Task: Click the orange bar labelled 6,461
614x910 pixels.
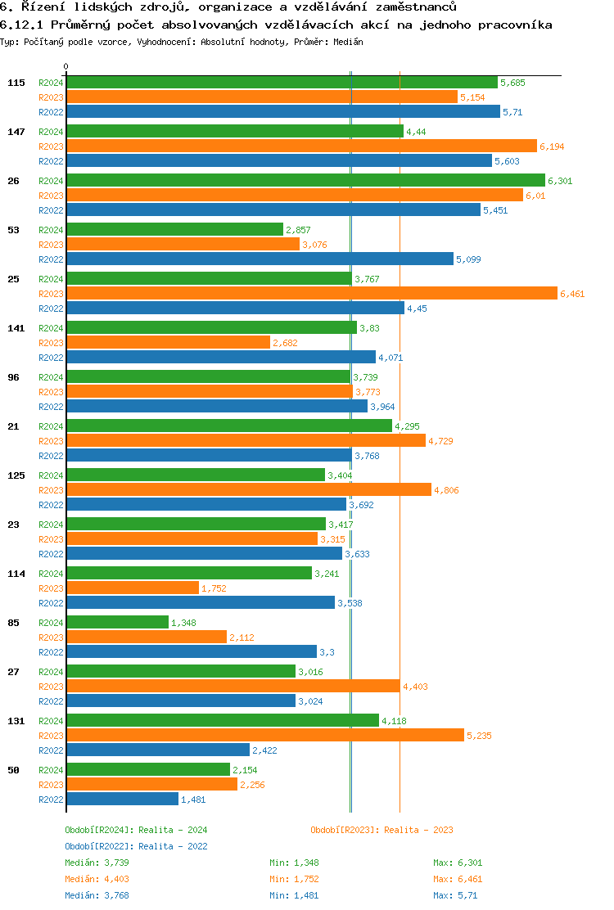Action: tap(311, 293)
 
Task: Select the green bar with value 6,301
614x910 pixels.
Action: tap(305, 180)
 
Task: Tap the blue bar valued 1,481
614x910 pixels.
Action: tap(122, 799)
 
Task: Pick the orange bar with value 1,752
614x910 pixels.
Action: tap(133, 588)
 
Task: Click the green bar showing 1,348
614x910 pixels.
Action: tap(117, 622)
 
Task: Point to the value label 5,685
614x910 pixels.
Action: tap(512, 83)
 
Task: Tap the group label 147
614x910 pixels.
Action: tap(16, 132)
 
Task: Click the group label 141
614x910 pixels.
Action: tap(16, 328)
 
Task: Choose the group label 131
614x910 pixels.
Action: tap(16, 721)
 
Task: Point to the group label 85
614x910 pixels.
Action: tap(14, 623)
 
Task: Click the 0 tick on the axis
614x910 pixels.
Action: tap(65, 66)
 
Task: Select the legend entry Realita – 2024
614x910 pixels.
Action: tap(136, 830)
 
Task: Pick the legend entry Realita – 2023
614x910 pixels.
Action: tap(381, 830)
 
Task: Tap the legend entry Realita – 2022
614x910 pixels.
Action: tap(136, 846)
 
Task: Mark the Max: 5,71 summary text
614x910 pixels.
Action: tap(455, 895)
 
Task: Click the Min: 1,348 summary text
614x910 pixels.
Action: tap(294, 863)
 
